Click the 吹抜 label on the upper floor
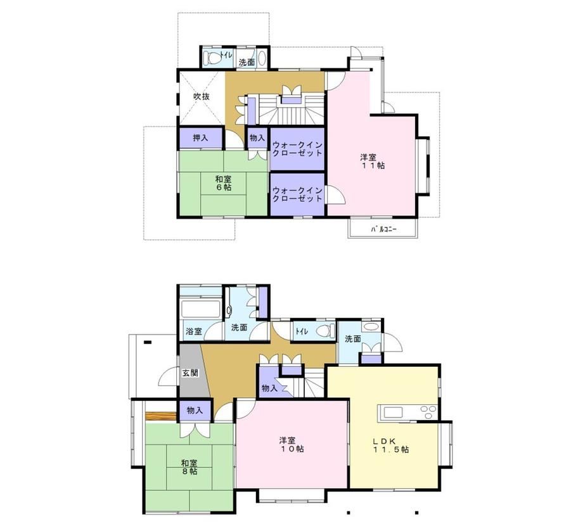[202, 97]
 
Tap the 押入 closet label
[201, 138]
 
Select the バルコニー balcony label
[384, 229]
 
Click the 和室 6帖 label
[224, 183]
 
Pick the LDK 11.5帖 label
[391, 445]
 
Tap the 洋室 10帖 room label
[291, 445]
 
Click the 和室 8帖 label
[189, 468]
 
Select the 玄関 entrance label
[190, 373]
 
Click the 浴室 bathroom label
[194, 331]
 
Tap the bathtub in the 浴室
[200, 309]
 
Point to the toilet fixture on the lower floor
[325, 331]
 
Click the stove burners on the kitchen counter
[428, 412]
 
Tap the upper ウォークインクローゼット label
[297, 149]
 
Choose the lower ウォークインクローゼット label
[297, 194]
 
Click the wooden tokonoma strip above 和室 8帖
[160, 416]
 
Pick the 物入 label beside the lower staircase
[269, 388]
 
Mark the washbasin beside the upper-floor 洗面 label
[262, 58]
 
